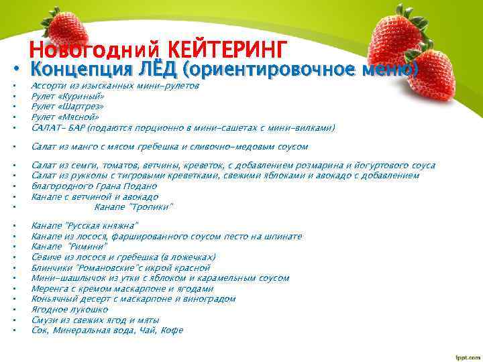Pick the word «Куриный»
coord(75,97)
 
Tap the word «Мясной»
coord(75,117)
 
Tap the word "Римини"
coord(87,246)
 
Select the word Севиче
coord(46,257)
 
